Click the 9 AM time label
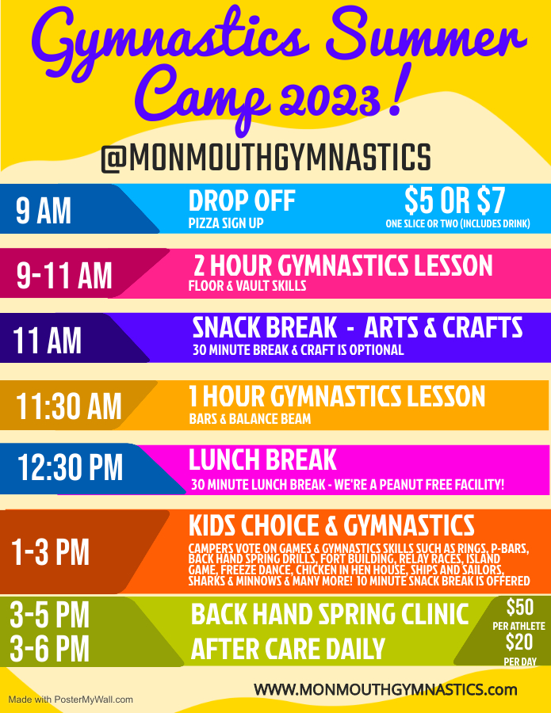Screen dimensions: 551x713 (x=44, y=211)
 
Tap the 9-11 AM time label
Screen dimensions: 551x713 (x=64, y=276)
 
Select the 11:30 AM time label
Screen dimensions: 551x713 (x=69, y=406)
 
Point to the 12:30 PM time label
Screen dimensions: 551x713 (x=70, y=467)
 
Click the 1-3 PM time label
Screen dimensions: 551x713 (x=50, y=552)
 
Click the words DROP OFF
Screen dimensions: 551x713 (x=242, y=200)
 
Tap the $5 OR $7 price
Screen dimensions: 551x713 (x=454, y=200)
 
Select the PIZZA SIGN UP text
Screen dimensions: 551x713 (x=226, y=223)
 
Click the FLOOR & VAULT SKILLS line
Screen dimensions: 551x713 (x=247, y=286)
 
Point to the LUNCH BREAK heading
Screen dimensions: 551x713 (x=262, y=459)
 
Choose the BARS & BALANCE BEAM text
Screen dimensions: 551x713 (x=250, y=419)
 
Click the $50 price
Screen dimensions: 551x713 (x=520, y=608)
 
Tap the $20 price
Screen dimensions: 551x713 (x=519, y=642)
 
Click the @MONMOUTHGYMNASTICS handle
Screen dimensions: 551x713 (x=266, y=158)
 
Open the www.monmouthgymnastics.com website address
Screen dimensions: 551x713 (x=385, y=689)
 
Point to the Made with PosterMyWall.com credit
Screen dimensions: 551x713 (x=71, y=700)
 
